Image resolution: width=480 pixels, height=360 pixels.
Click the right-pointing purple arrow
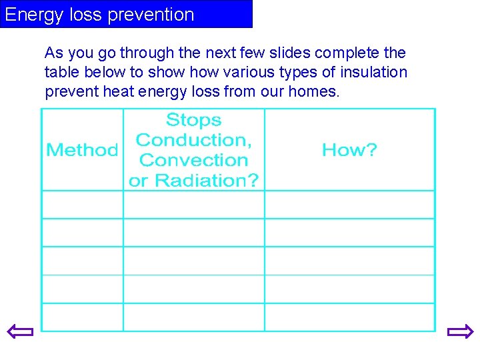(460, 331)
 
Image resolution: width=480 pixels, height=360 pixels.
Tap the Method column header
(82, 150)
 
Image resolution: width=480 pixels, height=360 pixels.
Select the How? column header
(349, 150)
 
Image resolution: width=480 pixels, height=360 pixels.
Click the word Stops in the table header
(193, 120)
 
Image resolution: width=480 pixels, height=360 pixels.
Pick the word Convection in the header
(193, 160)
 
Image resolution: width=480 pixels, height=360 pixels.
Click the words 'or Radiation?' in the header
(193, 180)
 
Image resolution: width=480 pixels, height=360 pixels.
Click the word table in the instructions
(61, 72)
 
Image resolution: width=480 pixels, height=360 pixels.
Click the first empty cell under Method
(83, 205)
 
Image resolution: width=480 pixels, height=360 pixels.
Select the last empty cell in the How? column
(349, 317)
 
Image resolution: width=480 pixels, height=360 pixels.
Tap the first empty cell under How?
(349, 205)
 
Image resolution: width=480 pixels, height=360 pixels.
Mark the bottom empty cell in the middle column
(193, 317)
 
